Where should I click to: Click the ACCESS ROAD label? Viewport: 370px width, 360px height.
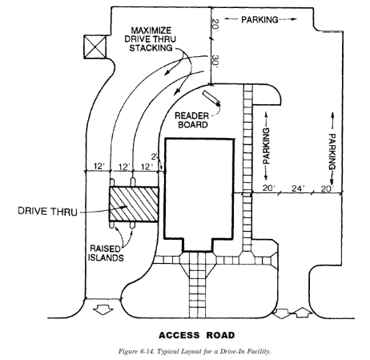point(197,335)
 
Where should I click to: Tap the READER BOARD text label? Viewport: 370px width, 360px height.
point(191,120)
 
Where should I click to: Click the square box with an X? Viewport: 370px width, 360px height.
point(95,47)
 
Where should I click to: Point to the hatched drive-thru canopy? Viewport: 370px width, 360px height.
point(134,204)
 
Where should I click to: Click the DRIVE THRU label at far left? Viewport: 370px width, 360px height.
point(47,211)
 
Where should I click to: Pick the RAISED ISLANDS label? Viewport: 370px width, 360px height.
point(106,253)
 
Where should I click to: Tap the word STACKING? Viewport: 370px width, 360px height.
point(151,48)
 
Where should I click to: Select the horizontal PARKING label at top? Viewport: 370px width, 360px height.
point(259,19)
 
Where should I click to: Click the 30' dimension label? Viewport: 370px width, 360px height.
point(215,62)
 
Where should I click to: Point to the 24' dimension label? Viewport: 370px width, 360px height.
point(298,188)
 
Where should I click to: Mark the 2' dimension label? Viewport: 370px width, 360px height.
point(155,156)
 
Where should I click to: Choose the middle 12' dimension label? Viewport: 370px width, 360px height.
point(124,167)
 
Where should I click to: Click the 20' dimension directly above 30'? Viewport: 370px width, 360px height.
point(215,26)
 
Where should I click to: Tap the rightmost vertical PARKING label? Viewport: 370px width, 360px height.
point(332,152)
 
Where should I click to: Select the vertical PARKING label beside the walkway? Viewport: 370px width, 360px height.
point(266,146)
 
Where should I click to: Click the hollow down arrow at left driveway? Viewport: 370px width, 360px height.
point(103,311)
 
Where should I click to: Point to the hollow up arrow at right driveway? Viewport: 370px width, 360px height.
point(303,313)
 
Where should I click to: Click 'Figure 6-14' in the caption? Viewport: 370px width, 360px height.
point(136,351)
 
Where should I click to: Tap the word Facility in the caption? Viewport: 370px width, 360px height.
point(259,351)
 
